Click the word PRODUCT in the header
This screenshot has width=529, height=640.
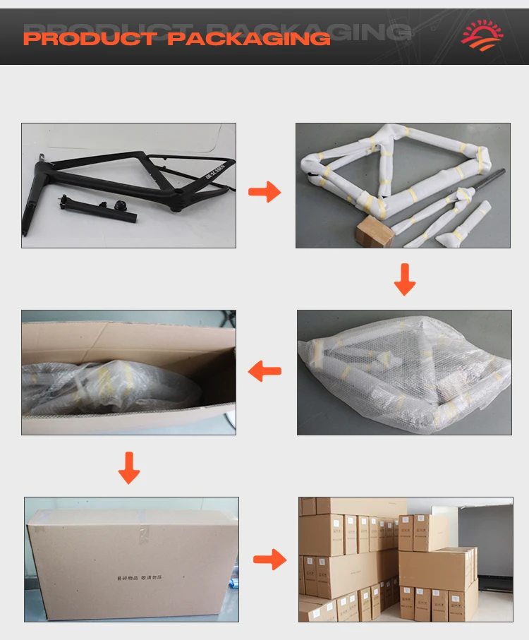[90, 38]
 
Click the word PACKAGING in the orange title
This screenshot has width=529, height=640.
[249, 38]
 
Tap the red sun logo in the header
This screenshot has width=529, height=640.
[482, 34]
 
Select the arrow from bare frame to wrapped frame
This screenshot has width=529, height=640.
[264, 191]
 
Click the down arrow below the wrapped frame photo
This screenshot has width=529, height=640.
[404, 279]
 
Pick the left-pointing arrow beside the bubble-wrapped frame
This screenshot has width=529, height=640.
[265, 370]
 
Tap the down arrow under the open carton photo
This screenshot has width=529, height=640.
[128, 468]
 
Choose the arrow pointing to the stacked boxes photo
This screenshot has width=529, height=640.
[269, 560]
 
